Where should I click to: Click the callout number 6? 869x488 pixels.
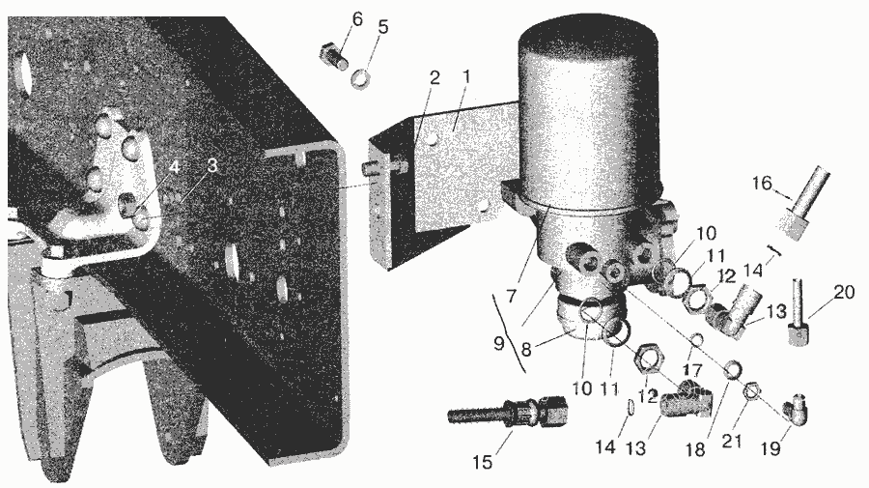[357, 19]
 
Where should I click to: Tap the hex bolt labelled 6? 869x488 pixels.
[334, 57]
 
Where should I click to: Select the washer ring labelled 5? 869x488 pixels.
[361, 78]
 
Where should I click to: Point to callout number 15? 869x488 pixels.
[483, 461]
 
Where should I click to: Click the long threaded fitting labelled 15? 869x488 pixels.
[508, 411]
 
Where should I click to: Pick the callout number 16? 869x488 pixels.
[763, 183]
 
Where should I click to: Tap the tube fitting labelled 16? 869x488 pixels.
[802, 204]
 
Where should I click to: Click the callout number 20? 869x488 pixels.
[844, 292]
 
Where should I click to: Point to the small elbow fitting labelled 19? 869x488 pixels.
[796, 410]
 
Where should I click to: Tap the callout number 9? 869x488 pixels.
[499, 344]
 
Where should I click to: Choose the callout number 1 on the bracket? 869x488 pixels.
[466, 77]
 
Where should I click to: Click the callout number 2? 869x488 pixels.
[434, 78]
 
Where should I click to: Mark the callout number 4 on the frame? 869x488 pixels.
[174, 166]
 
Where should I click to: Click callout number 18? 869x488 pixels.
[695, 448]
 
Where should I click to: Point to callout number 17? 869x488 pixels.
[692, 370]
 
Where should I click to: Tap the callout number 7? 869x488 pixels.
[511, 296]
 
